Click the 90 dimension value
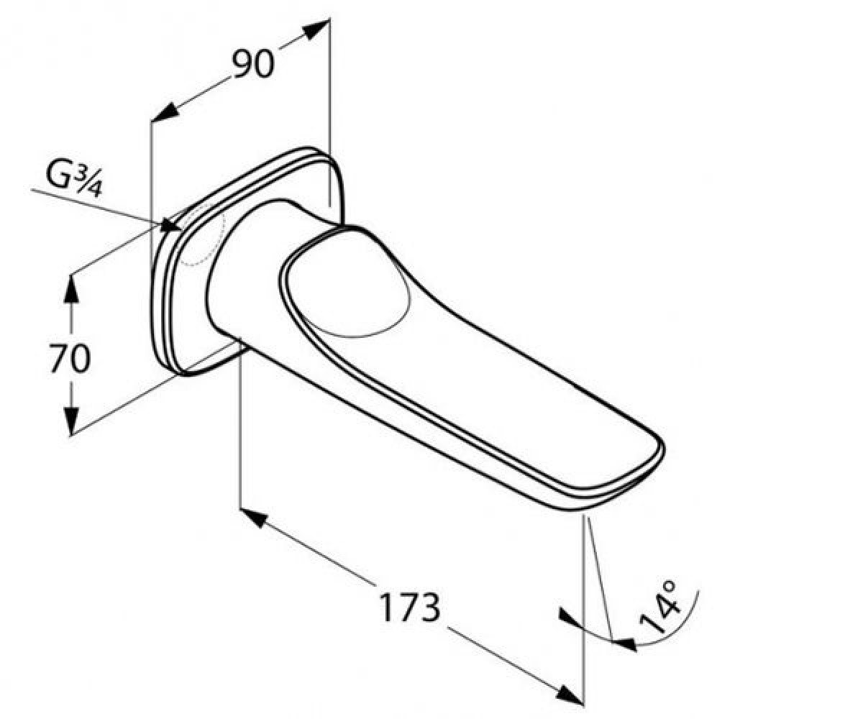coord(253,63)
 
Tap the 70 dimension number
coord(70,357)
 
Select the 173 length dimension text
coord(410,607)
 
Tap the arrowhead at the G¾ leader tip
coord(170,226)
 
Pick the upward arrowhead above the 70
coord(72,289)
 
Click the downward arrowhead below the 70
coord(72,421)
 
